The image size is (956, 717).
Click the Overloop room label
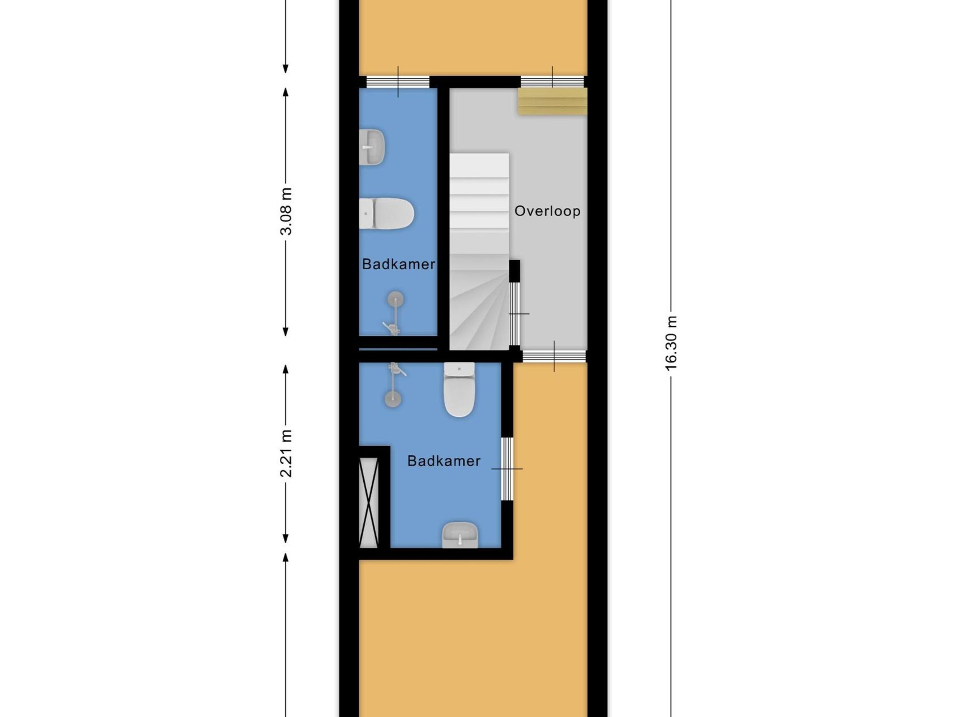(x=547, y=211)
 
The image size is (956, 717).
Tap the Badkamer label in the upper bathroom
(x=398, y=264)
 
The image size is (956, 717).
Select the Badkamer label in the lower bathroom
(x=444, y=461)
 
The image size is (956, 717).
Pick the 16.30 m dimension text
(x=671, y=343)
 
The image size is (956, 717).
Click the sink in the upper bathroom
(x=372, y=147)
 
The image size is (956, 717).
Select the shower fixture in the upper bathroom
(x=395, y=313)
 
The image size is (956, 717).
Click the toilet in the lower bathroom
(x=459, y=389)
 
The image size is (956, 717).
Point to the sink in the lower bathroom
(x=460, y=535)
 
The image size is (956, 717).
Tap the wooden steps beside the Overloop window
(x=553, y=102)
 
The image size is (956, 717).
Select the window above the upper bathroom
(x=398, y=82)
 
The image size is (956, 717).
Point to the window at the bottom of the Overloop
(x=554, y=356)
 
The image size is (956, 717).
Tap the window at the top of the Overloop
(x=552, y=82)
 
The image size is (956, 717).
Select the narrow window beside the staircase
(x=514, y=314)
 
